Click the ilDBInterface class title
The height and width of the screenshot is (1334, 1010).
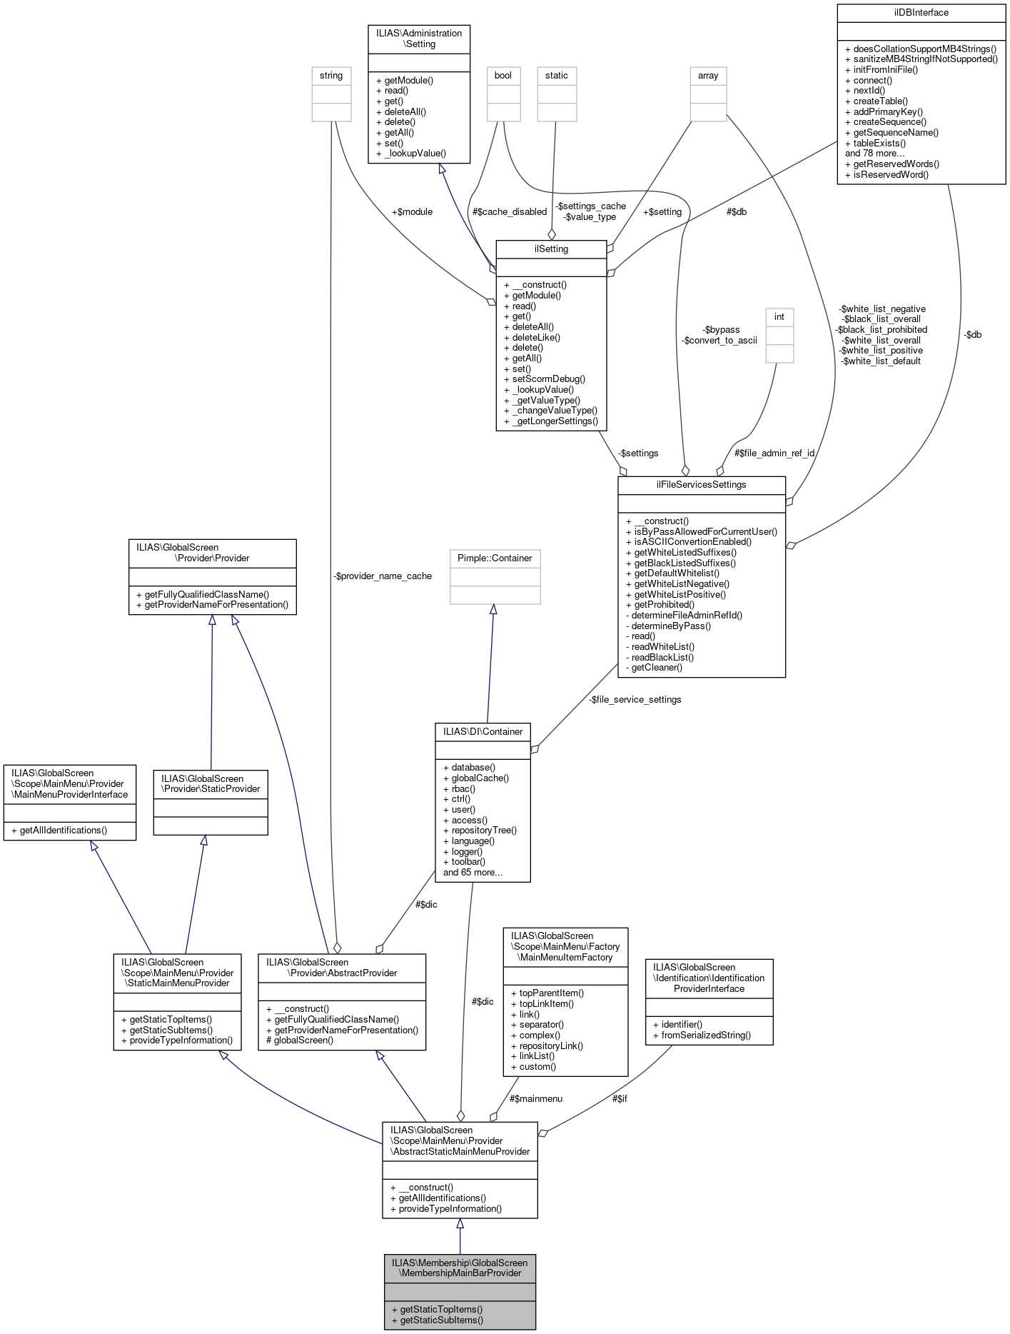pos(921,13)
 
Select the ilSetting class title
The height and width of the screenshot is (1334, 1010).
pos(551,249)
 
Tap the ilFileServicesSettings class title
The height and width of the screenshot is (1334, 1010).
pos(701,485)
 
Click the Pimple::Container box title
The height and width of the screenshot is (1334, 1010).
pos(495,558)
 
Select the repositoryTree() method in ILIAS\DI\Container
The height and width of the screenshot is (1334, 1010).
pos(484,831)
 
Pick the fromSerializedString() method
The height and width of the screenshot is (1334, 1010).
pos(706,1035)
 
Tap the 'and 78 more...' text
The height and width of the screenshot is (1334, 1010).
pos(874,154)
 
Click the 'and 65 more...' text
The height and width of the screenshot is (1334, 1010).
pos(473,873)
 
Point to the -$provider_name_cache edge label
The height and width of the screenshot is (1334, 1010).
pos(383,576)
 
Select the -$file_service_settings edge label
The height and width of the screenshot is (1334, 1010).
pos(635,700)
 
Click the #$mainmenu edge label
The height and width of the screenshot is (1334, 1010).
pos(536,1099)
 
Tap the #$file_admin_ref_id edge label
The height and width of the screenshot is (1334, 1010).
pos(774,453)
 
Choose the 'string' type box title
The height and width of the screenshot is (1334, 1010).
pos(331,76)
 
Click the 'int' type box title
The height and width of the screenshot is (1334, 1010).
pos(779,317)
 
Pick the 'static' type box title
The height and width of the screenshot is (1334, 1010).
pos(557,76)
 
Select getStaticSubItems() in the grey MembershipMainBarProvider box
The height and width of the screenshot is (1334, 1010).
pos(441,1320)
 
